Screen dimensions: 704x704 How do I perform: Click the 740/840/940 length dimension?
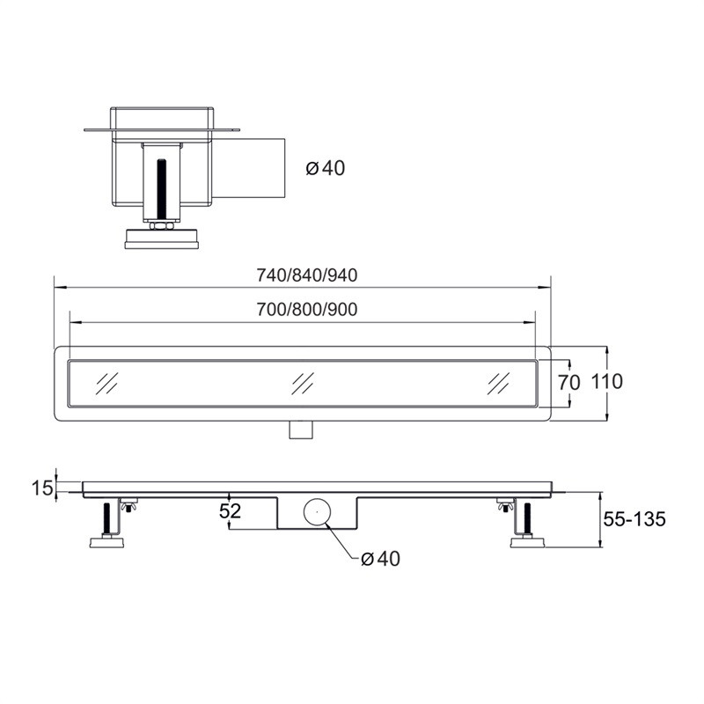pos(307,275)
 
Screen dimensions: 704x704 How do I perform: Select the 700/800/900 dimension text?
pos(307,310)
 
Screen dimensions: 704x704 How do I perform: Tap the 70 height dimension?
pos(568,383)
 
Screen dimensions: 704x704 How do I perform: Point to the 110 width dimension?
pos(607,382)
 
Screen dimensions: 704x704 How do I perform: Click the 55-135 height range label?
pos(634,519)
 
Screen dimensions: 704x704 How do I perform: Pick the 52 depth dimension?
pos(230,511)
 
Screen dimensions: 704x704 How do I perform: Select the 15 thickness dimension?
pos(42,488)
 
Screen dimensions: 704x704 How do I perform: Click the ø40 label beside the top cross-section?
pos(326,168)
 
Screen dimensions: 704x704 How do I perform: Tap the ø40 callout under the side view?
pos(380,559)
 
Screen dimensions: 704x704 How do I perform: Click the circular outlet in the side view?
pos(317,511)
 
